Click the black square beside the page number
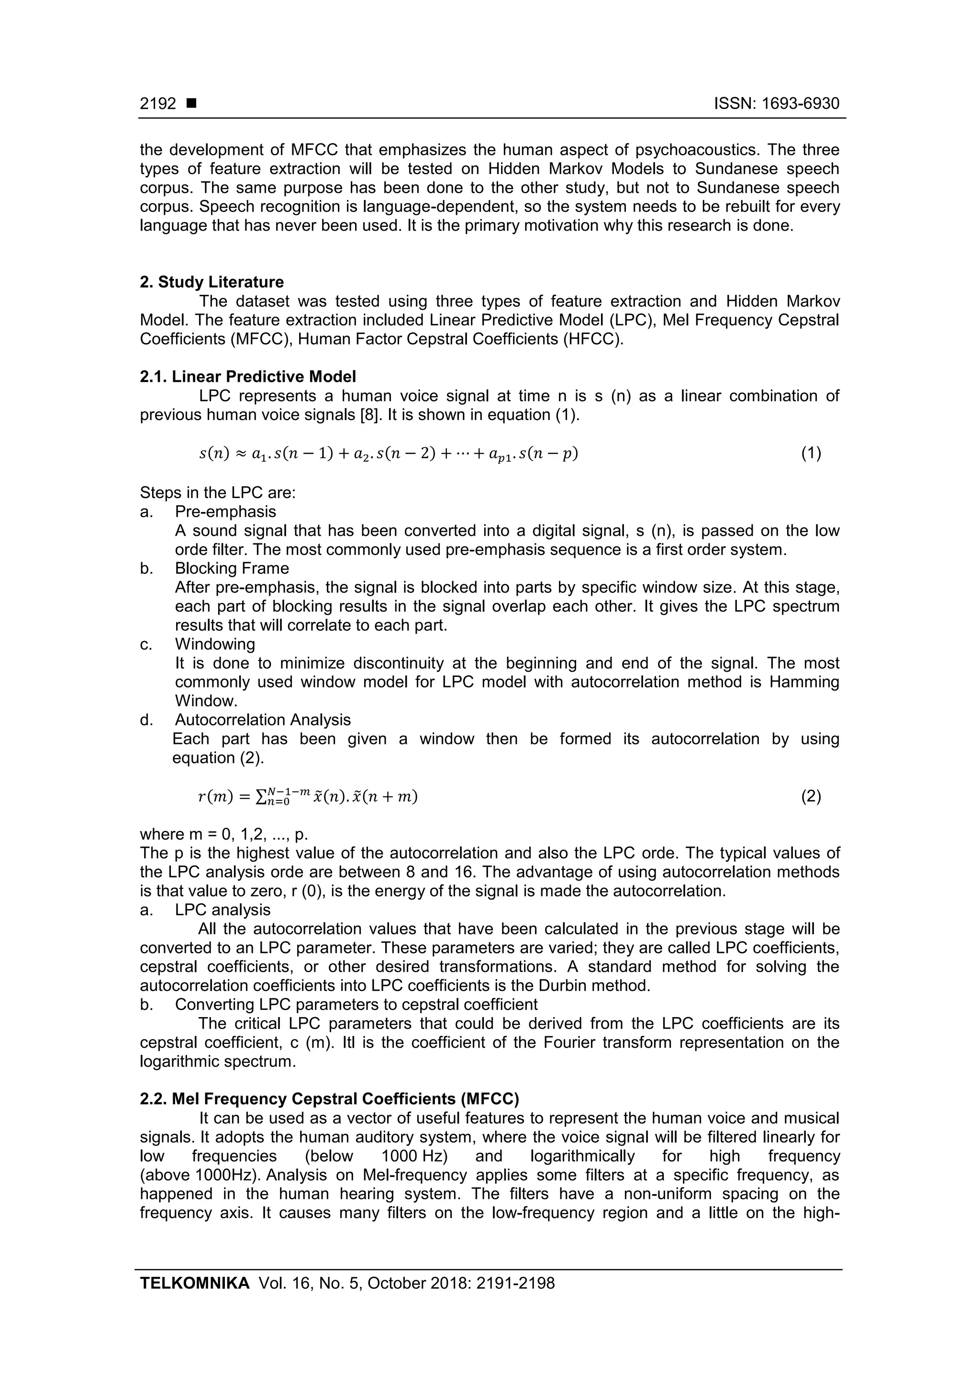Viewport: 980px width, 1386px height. pos(191,104)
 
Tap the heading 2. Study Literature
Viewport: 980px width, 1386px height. pos(212,282)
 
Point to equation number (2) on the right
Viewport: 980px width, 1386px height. pos(811,797)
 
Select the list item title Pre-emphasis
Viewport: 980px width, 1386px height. pos(225,511)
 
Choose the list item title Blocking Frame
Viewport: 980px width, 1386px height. pos(232,568)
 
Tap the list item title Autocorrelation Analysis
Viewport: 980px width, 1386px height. pos(263,720)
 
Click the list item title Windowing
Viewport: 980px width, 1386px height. pos(215,644)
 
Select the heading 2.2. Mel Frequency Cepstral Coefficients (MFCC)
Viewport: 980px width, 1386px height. pos(329,1098)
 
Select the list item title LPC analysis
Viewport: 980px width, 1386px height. pos(223,909)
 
